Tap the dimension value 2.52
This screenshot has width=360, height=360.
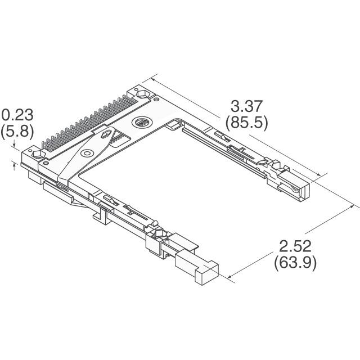pos(295,246)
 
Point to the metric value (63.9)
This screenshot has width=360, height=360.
pos(295,262)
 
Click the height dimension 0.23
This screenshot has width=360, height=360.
pos(17,115)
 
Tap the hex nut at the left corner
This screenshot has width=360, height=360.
pos(39,155)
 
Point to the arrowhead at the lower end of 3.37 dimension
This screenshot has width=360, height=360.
pos(321,175)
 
